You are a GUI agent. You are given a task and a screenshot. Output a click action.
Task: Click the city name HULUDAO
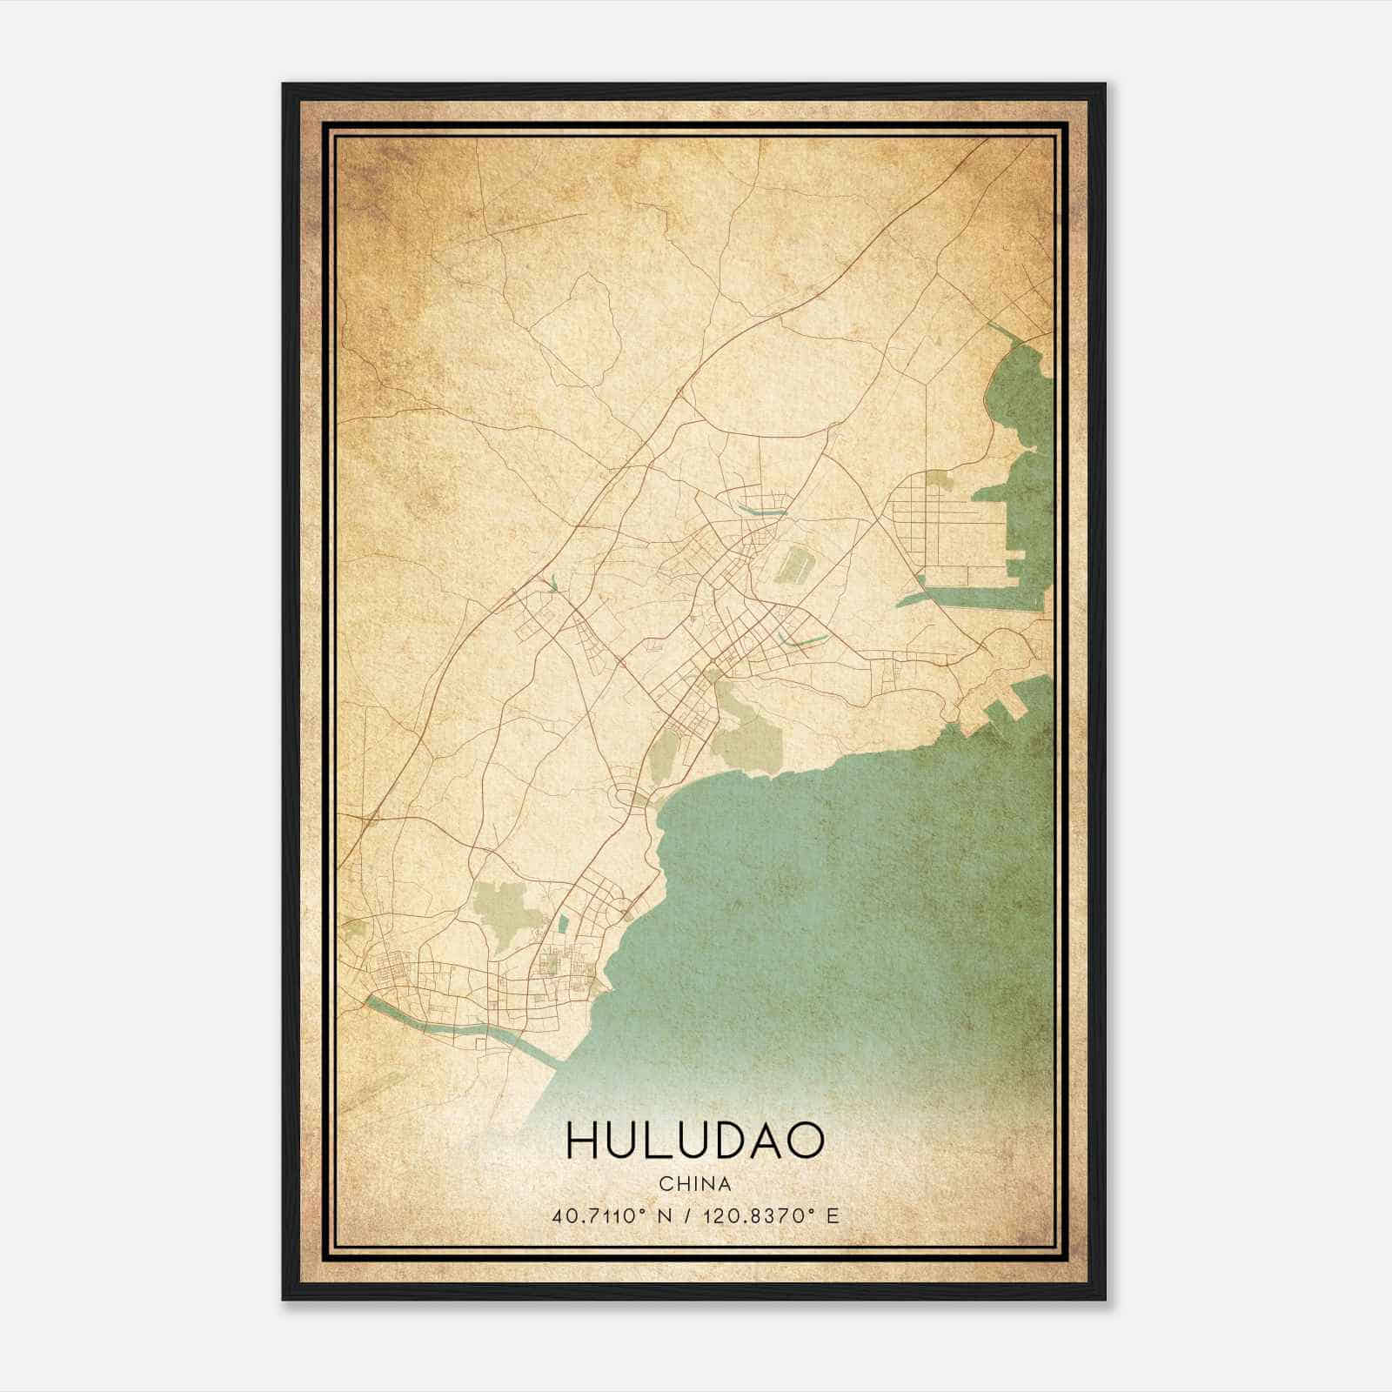694,1141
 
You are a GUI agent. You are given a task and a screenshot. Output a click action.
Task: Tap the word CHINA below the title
694,1184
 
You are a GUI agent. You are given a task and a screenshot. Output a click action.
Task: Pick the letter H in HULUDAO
581,1141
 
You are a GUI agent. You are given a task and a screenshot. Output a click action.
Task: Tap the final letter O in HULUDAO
806,1141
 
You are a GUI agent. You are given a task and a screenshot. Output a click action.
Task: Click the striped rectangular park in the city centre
791,564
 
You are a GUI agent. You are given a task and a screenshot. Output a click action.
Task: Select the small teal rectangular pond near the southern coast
561,927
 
